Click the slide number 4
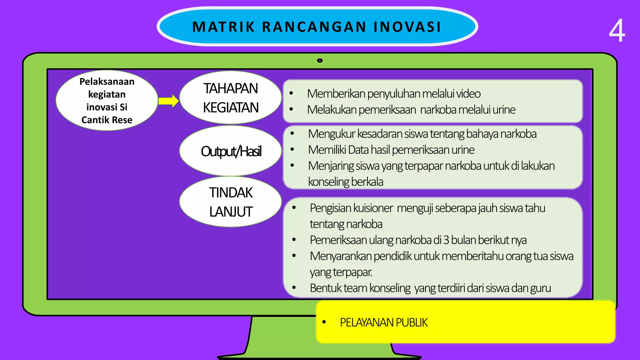[x=617, y=31]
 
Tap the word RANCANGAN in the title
[x=314, y=27]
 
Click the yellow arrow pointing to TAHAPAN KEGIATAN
[x=168, y=101]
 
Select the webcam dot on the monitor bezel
[x=320, y=60]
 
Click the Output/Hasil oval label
[x=231, y=151]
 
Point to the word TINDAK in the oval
[x=231, y=192]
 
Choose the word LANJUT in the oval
[x=231, y=212]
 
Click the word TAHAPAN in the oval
[x=231, y=88]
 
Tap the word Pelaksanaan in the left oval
[x=107, y=82]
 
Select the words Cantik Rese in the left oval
[x=107, y=120]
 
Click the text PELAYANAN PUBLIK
[x=383, y=322]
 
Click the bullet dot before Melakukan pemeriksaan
[x=291, y=109]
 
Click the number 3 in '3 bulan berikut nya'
[x=446, y=240]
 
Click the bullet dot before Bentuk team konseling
[x=294, y=287]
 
